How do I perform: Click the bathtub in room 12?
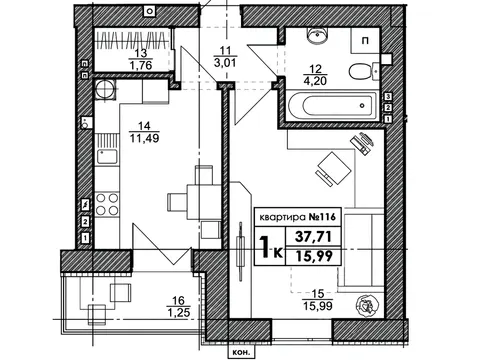tap(332, 106)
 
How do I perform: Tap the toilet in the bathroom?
tap(364, 71)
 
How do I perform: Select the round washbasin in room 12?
tap(318, 36)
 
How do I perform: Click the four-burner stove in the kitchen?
tap(107, 204)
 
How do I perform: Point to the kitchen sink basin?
tap(107, 157)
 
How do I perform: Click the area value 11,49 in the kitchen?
tap(144, 138)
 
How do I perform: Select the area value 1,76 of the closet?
tap(141, 65)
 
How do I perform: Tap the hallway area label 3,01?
tap(225, 62)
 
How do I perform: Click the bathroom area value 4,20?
tap(315, 81)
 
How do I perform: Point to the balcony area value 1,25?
tap(179, 313)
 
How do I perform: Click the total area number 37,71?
tap(313, 237)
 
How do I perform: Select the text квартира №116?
tap(297, 218)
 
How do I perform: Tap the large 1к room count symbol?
tap(270, 248)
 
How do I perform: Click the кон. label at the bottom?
tap(241, 353)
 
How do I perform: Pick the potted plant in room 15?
tap(368, 305)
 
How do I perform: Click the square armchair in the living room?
tap(334, 168)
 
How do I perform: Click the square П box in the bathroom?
tap(366, 40)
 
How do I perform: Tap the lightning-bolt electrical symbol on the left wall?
tap(86, 204)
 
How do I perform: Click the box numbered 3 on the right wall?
tap(388, 97)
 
